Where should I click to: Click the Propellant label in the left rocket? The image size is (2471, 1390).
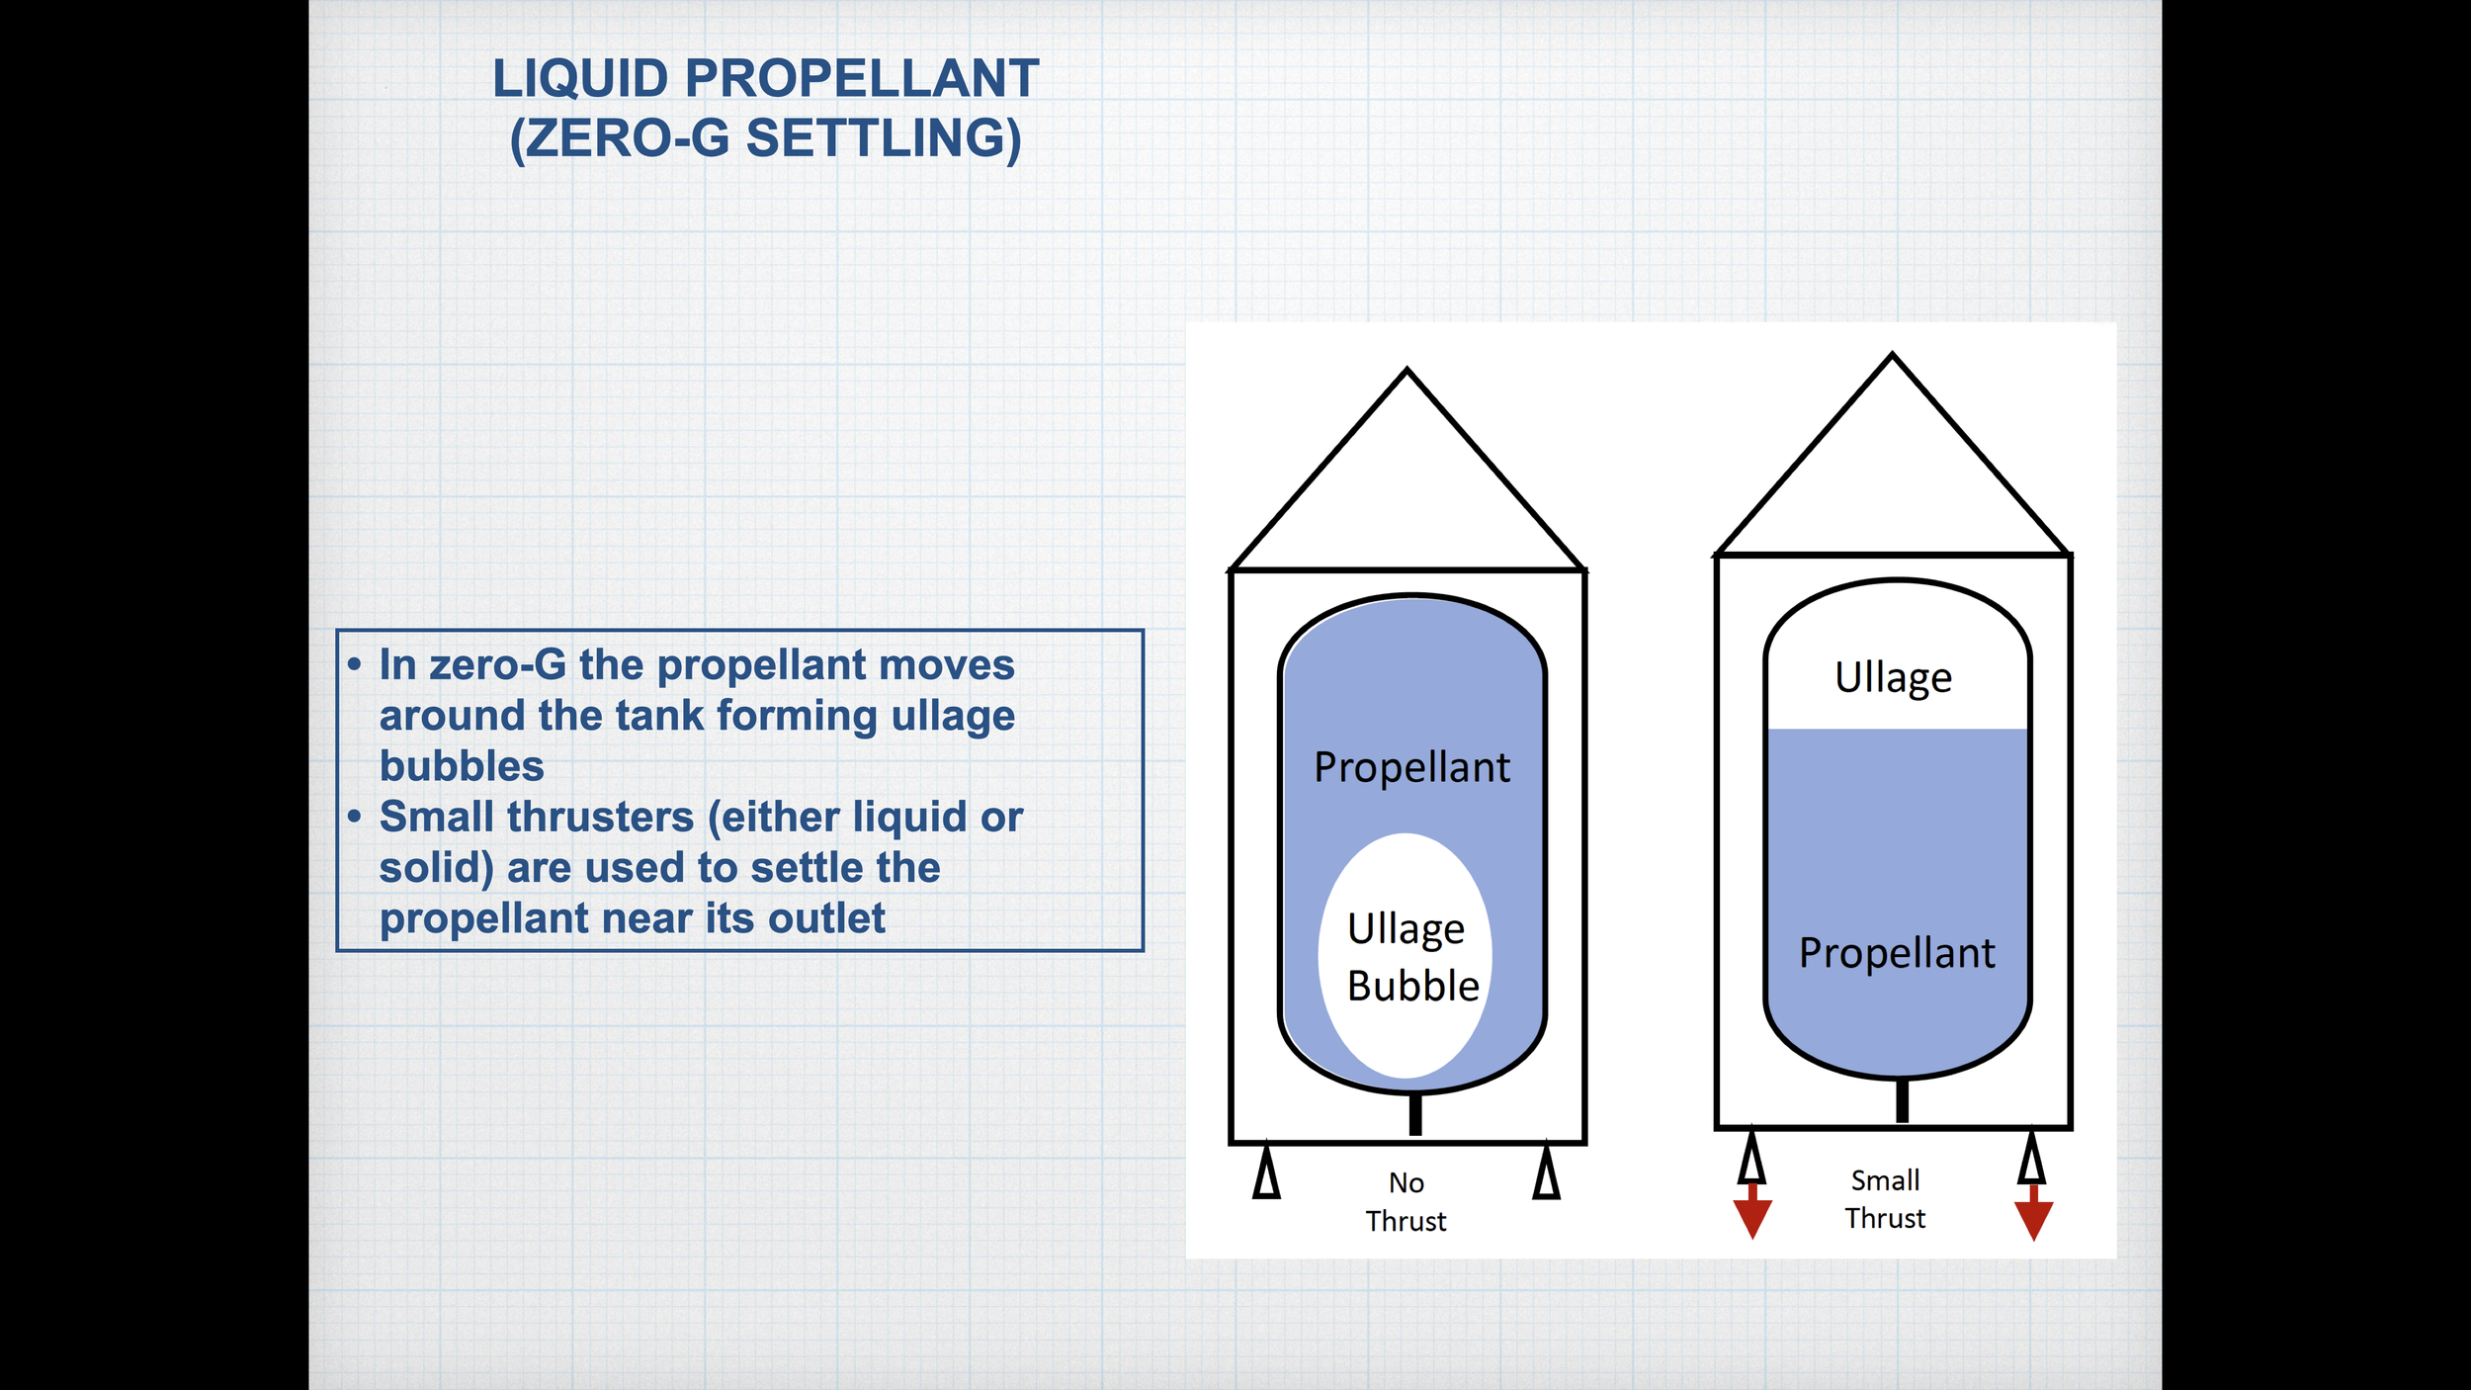1411,768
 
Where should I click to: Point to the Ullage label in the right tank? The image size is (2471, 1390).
1893,679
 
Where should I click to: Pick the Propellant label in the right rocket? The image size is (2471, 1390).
1897,954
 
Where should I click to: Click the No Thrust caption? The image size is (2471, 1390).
1406,1202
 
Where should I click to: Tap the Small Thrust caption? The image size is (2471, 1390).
1885,1199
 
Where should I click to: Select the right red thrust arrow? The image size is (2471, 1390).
2033,1216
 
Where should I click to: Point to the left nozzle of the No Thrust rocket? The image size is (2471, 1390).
1266,1173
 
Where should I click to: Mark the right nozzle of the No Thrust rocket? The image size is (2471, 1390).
1547,1173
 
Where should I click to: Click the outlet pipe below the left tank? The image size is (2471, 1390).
1415,1114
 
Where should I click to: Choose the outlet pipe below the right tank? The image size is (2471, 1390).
1902,1100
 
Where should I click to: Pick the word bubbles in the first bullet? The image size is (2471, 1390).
462,767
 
